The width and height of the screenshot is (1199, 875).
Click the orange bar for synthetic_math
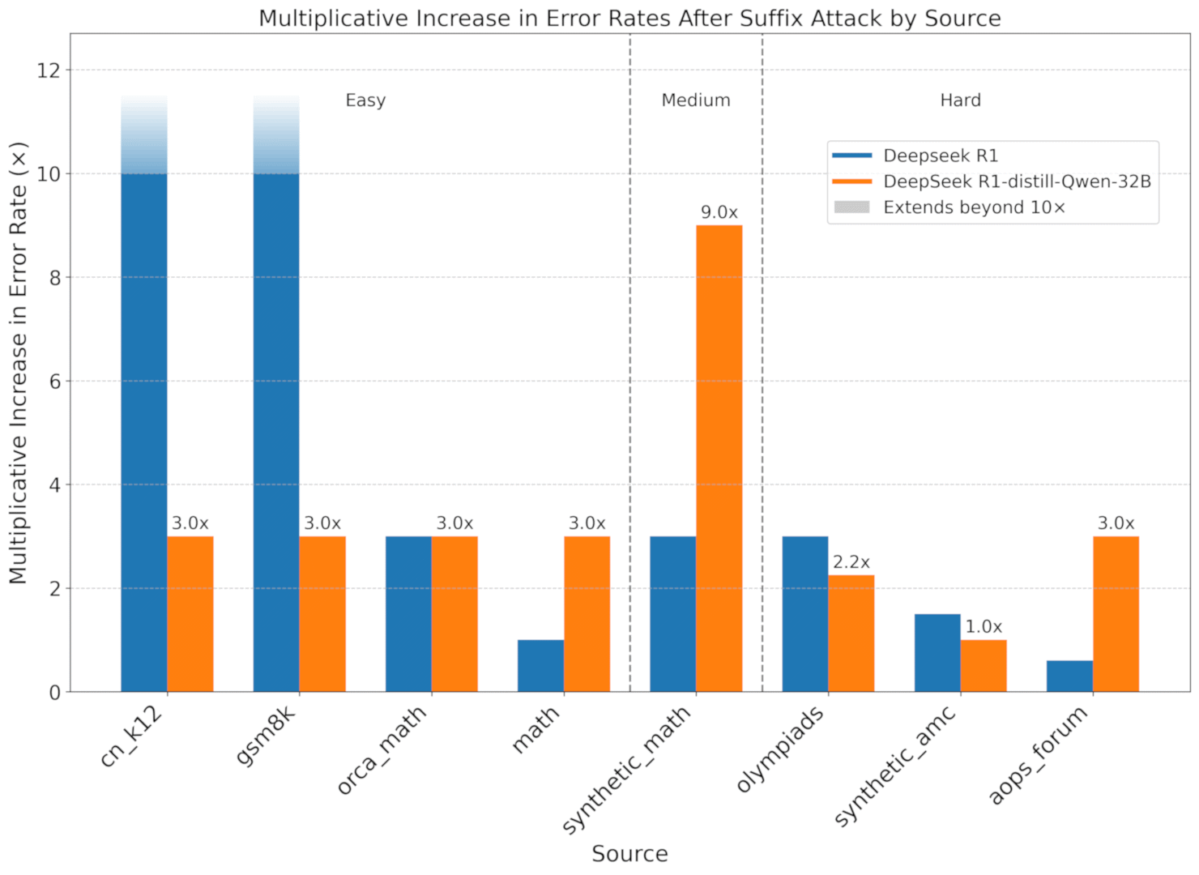[x=719, y=459]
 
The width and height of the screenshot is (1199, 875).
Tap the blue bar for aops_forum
[x=1069, y=677]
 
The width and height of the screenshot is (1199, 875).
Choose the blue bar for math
[x=540, y=666]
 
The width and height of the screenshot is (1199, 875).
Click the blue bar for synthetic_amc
[x=937, y=653]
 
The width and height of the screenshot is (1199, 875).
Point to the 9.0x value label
[x=719, y=212]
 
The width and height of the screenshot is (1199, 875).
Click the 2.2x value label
[x=851, y=562]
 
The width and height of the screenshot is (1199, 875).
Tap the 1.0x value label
[x=984, y=627]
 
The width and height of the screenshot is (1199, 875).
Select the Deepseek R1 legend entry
[x=941, y=156]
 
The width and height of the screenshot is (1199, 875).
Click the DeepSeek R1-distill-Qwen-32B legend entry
[x=1017, y=181]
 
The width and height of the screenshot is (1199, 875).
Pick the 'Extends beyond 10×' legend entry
[x=974, y=207]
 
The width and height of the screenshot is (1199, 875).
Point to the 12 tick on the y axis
[x=49, y=70]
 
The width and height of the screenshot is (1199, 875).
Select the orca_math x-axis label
[x=382, y=750]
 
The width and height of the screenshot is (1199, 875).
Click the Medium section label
[x=696, y=100]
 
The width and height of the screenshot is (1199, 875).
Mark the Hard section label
[x=960, y=100]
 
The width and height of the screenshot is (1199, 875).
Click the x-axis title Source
[x=629, y=854]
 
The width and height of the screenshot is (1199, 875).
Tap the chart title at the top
[x=629, y=18]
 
